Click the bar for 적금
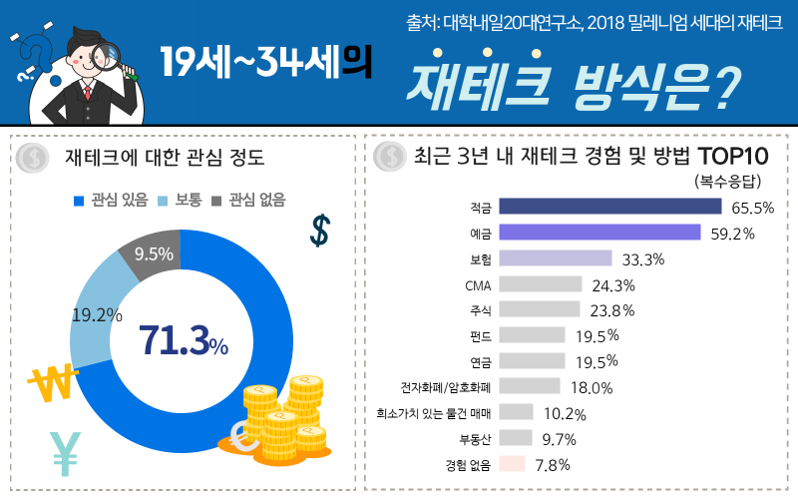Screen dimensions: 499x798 (609, 207)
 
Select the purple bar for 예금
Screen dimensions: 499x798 (598, 233)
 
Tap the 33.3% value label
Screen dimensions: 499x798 (642, 259)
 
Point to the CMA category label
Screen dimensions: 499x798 (478, 285)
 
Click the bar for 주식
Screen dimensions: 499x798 (539, 309)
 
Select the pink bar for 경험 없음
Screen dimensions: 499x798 (512, 464)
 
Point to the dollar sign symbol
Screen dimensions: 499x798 (320, 230)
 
